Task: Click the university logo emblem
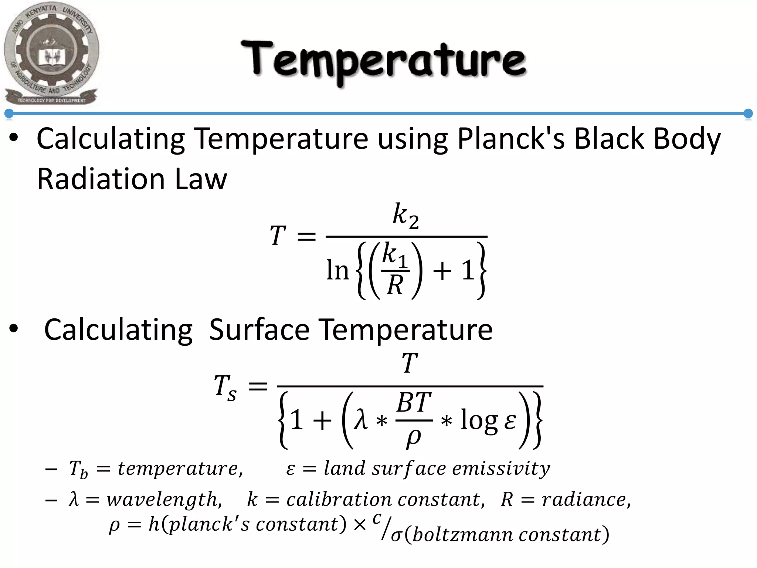pyautogui.click(x=51, y=54)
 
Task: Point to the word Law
pyautogui.click(x=201, y=179)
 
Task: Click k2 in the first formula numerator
pyautogui.click(x=405, y=216)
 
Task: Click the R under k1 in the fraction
pyautogui.click(x=395, y=285)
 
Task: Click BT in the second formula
pyautogui.click(x=414, y=403)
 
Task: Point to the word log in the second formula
pyautogui.click(x=479, y=421)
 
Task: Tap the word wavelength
pyautogui.click(x=164, y=500)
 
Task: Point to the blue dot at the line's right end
pyautogui.click(x=748, y=114)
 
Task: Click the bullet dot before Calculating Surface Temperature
pyautogui.click(x=14, y=329)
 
